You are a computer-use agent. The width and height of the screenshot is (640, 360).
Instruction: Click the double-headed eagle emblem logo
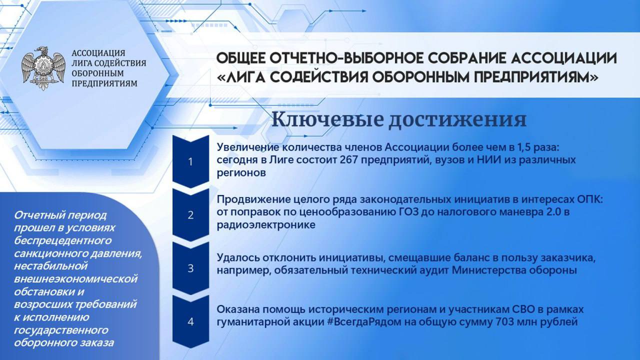tap(43, 68)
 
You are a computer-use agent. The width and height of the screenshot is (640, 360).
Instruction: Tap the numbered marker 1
tap(190, 161)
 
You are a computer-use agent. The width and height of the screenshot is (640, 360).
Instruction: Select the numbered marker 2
tap(190, 215)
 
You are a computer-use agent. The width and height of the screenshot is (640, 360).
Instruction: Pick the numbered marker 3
tap(190, 268)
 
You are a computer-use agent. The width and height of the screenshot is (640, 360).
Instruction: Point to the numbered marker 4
tap(190, 321)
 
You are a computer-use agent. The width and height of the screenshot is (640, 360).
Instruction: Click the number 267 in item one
tap(349, 159)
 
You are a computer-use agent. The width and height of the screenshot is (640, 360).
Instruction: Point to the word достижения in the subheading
tap(457, 120)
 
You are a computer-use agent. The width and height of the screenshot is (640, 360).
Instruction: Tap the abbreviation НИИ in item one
tap(489, 159)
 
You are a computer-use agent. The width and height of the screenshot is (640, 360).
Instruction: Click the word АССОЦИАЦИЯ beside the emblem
tap(98, 53)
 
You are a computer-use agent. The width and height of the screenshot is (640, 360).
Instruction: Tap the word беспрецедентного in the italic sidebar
tap(62, 241)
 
